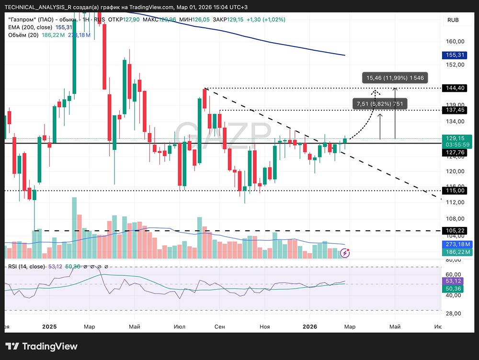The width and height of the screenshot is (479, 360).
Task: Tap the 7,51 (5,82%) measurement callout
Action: (x=380, y=103)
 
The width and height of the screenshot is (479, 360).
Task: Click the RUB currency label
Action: (x=453, y=20)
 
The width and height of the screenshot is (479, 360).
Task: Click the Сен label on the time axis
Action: (x=220, y=327)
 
